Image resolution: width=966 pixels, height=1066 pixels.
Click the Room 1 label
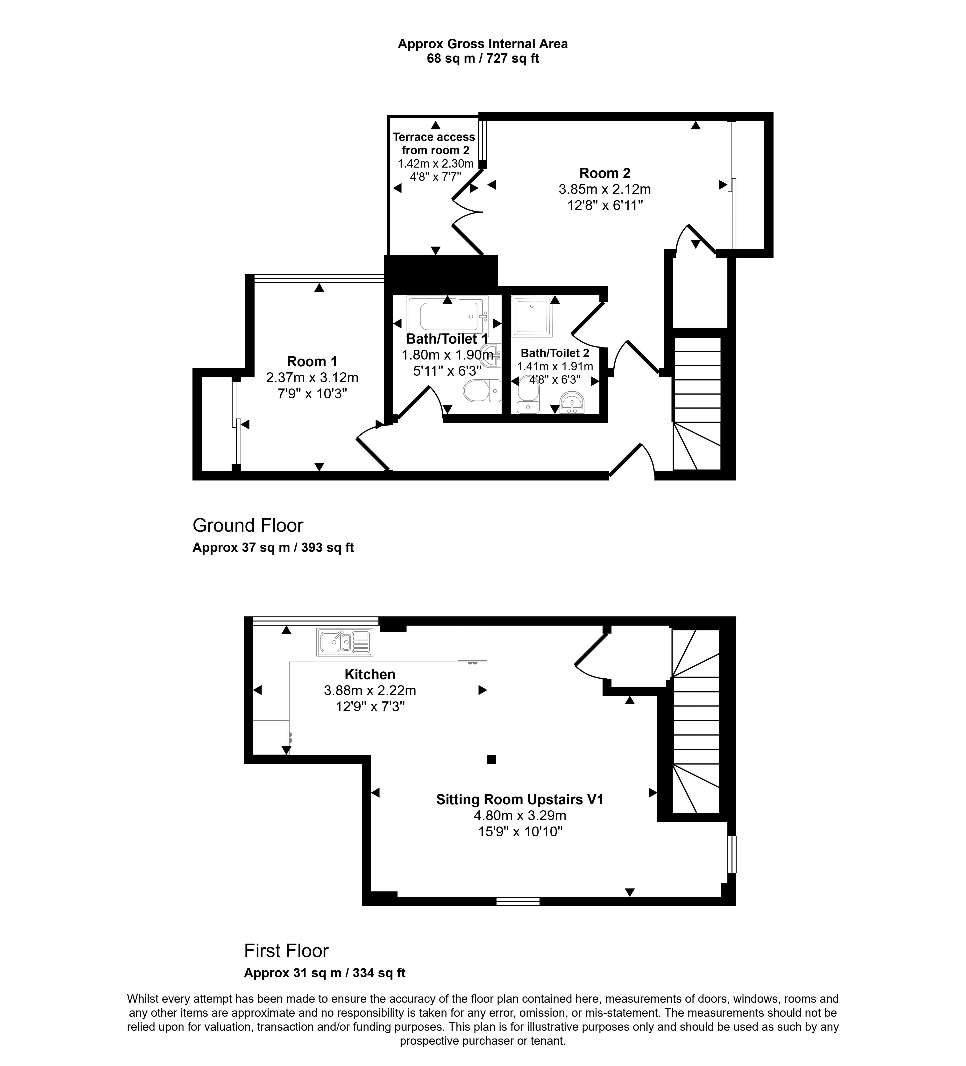pyautogui.click(x=312, y=362)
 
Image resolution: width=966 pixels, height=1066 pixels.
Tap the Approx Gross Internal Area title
pyautogui.click(x=482, y=44)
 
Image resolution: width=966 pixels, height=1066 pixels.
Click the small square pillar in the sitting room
pyautogui.click(x=491, y=759)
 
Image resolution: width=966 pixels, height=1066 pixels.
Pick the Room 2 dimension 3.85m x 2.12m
pyautogui.click(x=604, y=189)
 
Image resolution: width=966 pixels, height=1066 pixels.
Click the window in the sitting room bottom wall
pyautogui.click(x=518, y=901)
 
